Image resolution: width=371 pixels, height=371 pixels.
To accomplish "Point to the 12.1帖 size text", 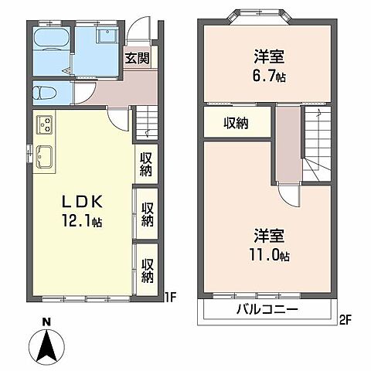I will [83, 220].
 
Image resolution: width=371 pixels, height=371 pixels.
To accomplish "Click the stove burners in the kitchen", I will [44, 124].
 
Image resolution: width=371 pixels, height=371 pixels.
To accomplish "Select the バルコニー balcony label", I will [267, 311].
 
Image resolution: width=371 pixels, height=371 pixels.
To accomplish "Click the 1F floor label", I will [172, 295].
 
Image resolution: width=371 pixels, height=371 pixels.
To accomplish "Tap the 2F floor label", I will [343, 318].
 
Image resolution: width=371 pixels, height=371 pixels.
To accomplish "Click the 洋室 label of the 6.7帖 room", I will [268, 56].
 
